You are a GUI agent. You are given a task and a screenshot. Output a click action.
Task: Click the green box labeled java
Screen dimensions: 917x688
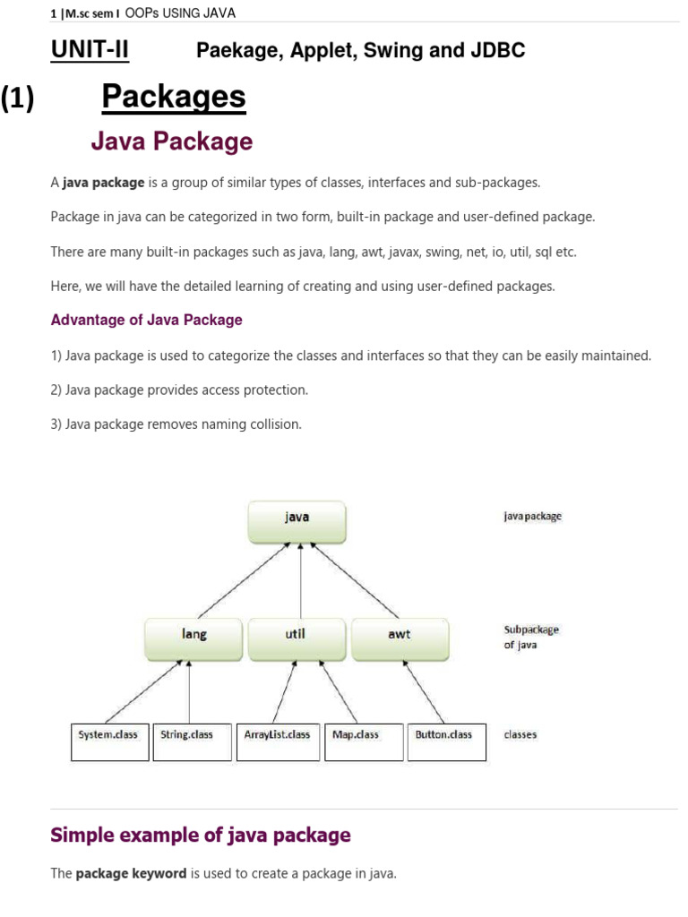297,520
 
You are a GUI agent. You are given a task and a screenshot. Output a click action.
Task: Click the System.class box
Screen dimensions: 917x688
109,741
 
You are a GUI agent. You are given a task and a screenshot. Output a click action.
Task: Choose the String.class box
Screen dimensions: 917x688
191,741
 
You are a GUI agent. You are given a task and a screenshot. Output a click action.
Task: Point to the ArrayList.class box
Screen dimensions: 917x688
278,741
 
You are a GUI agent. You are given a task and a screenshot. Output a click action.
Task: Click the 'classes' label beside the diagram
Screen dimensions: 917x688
520,734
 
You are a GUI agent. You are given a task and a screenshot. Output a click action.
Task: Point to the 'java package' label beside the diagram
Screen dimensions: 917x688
532,517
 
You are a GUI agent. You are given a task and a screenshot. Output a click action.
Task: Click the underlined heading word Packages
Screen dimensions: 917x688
173,97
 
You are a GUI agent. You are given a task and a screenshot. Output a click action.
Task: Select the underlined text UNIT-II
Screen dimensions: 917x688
90,51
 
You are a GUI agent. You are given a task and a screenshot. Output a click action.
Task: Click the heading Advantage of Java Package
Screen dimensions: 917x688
146,320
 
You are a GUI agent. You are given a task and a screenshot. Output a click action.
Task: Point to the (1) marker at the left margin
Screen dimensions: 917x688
17,99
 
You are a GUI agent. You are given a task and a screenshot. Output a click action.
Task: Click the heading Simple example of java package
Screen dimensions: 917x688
201,836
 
